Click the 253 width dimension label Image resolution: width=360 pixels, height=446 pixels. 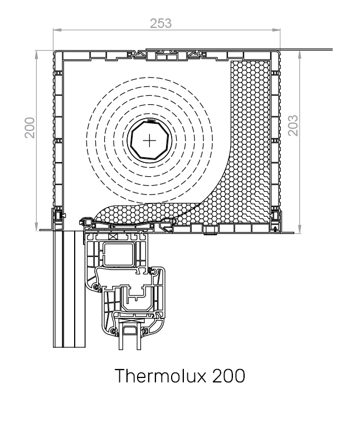pos(161,23)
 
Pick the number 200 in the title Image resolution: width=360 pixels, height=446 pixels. pos(228,375)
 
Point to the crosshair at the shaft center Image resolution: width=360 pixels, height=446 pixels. pos(150,140)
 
